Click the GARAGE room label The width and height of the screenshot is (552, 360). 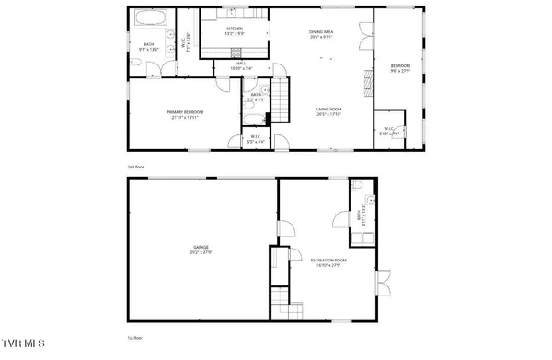[201, 246]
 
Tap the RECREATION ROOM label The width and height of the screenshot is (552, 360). [327, 261]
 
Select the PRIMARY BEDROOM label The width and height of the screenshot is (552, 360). [185, 112]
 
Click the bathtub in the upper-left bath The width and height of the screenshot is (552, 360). [148, 17]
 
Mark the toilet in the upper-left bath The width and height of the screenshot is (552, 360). [135, 64]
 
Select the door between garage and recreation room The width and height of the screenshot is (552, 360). [286, 226]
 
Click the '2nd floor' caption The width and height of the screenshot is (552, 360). [136, 167]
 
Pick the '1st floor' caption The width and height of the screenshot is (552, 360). [136, 337]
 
